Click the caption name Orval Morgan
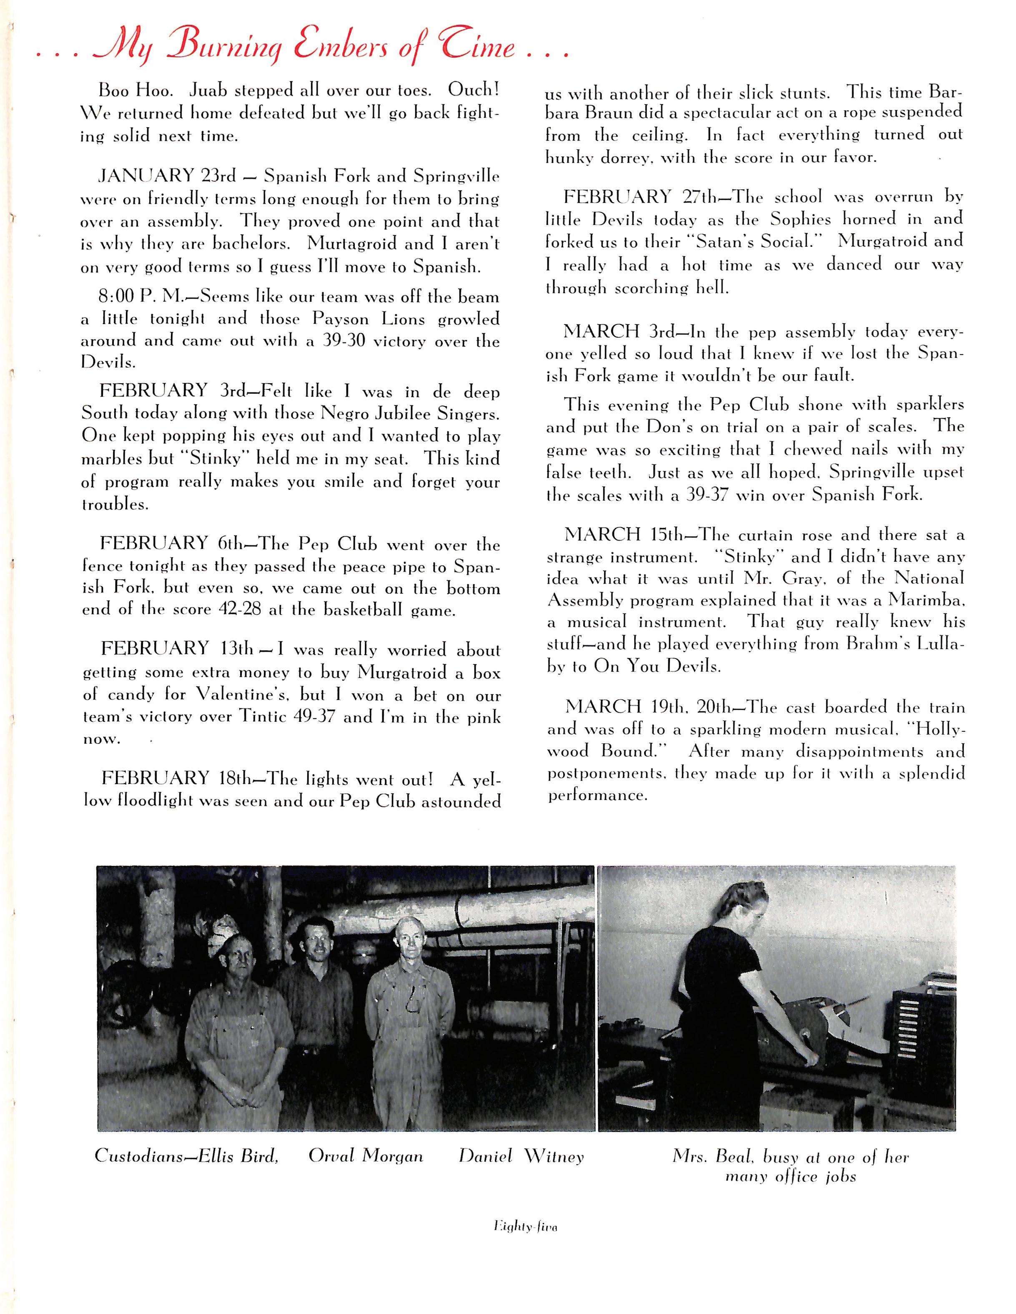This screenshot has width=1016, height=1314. coord(365,1156)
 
